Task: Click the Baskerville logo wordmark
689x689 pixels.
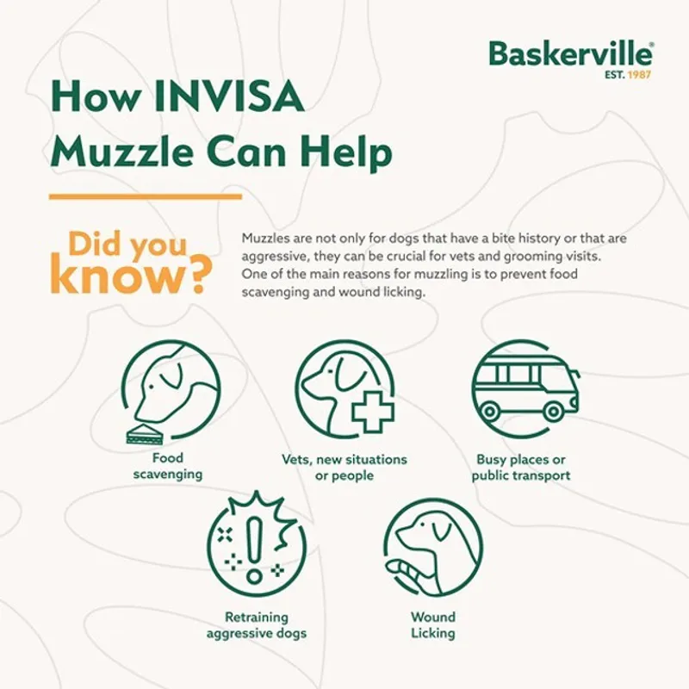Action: [x=570, y=54]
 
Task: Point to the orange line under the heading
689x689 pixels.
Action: [x=146, y=197]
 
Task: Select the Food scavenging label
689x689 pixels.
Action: [x=168, y=466]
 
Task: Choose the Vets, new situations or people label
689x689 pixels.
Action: [x=344, y=468]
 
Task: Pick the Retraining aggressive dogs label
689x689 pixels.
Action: [x=256, y=625]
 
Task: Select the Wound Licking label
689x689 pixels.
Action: [x=432, y=625]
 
